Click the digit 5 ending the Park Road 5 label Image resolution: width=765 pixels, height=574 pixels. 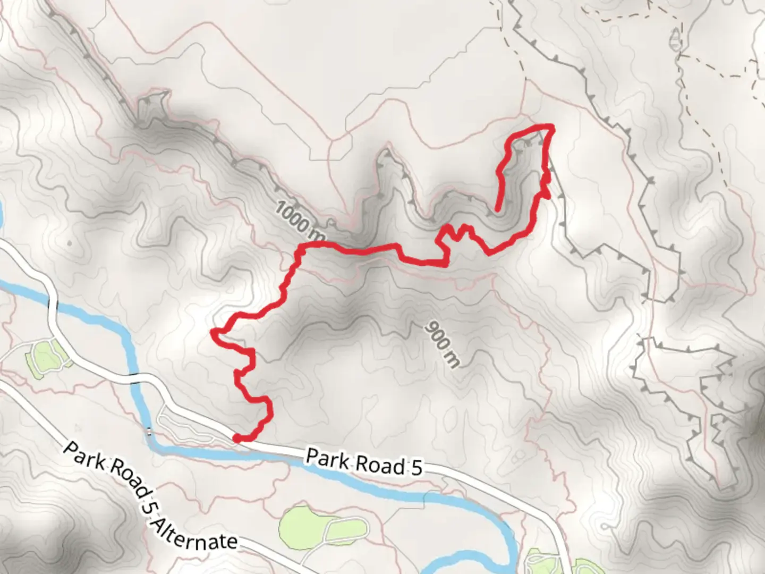pyautogui.click(x=416, y=468)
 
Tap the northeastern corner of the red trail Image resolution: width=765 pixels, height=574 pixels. pyautogui.click(x=551, y=126)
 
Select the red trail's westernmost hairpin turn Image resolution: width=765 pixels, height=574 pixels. pyautogui.click(x=214, y=333)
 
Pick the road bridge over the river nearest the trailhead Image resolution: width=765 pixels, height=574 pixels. pyautogui.click(x=139, y=379)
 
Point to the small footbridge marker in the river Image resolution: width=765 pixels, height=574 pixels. pyautogui.click(x=149, y=432)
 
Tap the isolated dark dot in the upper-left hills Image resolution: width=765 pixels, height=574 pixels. pyautogui.click(x=70, y=244)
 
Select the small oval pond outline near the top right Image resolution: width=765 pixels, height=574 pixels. pyautogui.click(x=676, y=39)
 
